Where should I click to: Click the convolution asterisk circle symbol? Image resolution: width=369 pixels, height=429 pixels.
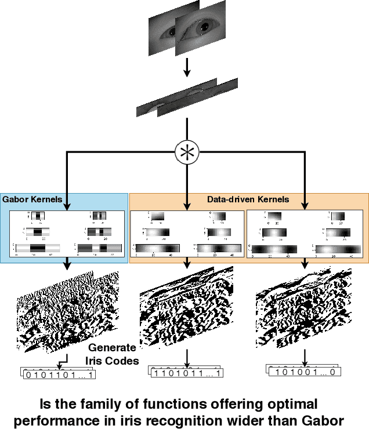pyautogui.click(x=187, y=152)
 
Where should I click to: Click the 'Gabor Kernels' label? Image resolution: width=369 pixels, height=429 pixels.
pyautogui.click(x=32, y=199)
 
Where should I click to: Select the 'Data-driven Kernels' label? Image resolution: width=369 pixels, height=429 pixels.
pyautogui.click(x=248, y=199)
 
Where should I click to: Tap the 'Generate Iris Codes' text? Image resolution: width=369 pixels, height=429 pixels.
pyautogui.click(x=113, y=354)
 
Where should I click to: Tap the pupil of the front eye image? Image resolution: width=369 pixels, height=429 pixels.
pyautogui.click(x=206, y=27)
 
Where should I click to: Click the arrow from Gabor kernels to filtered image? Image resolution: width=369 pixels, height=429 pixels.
pyautogui.click(x=67, y=264)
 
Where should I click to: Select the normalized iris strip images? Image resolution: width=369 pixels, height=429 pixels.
pyautogui.click(x=187, y=97)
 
